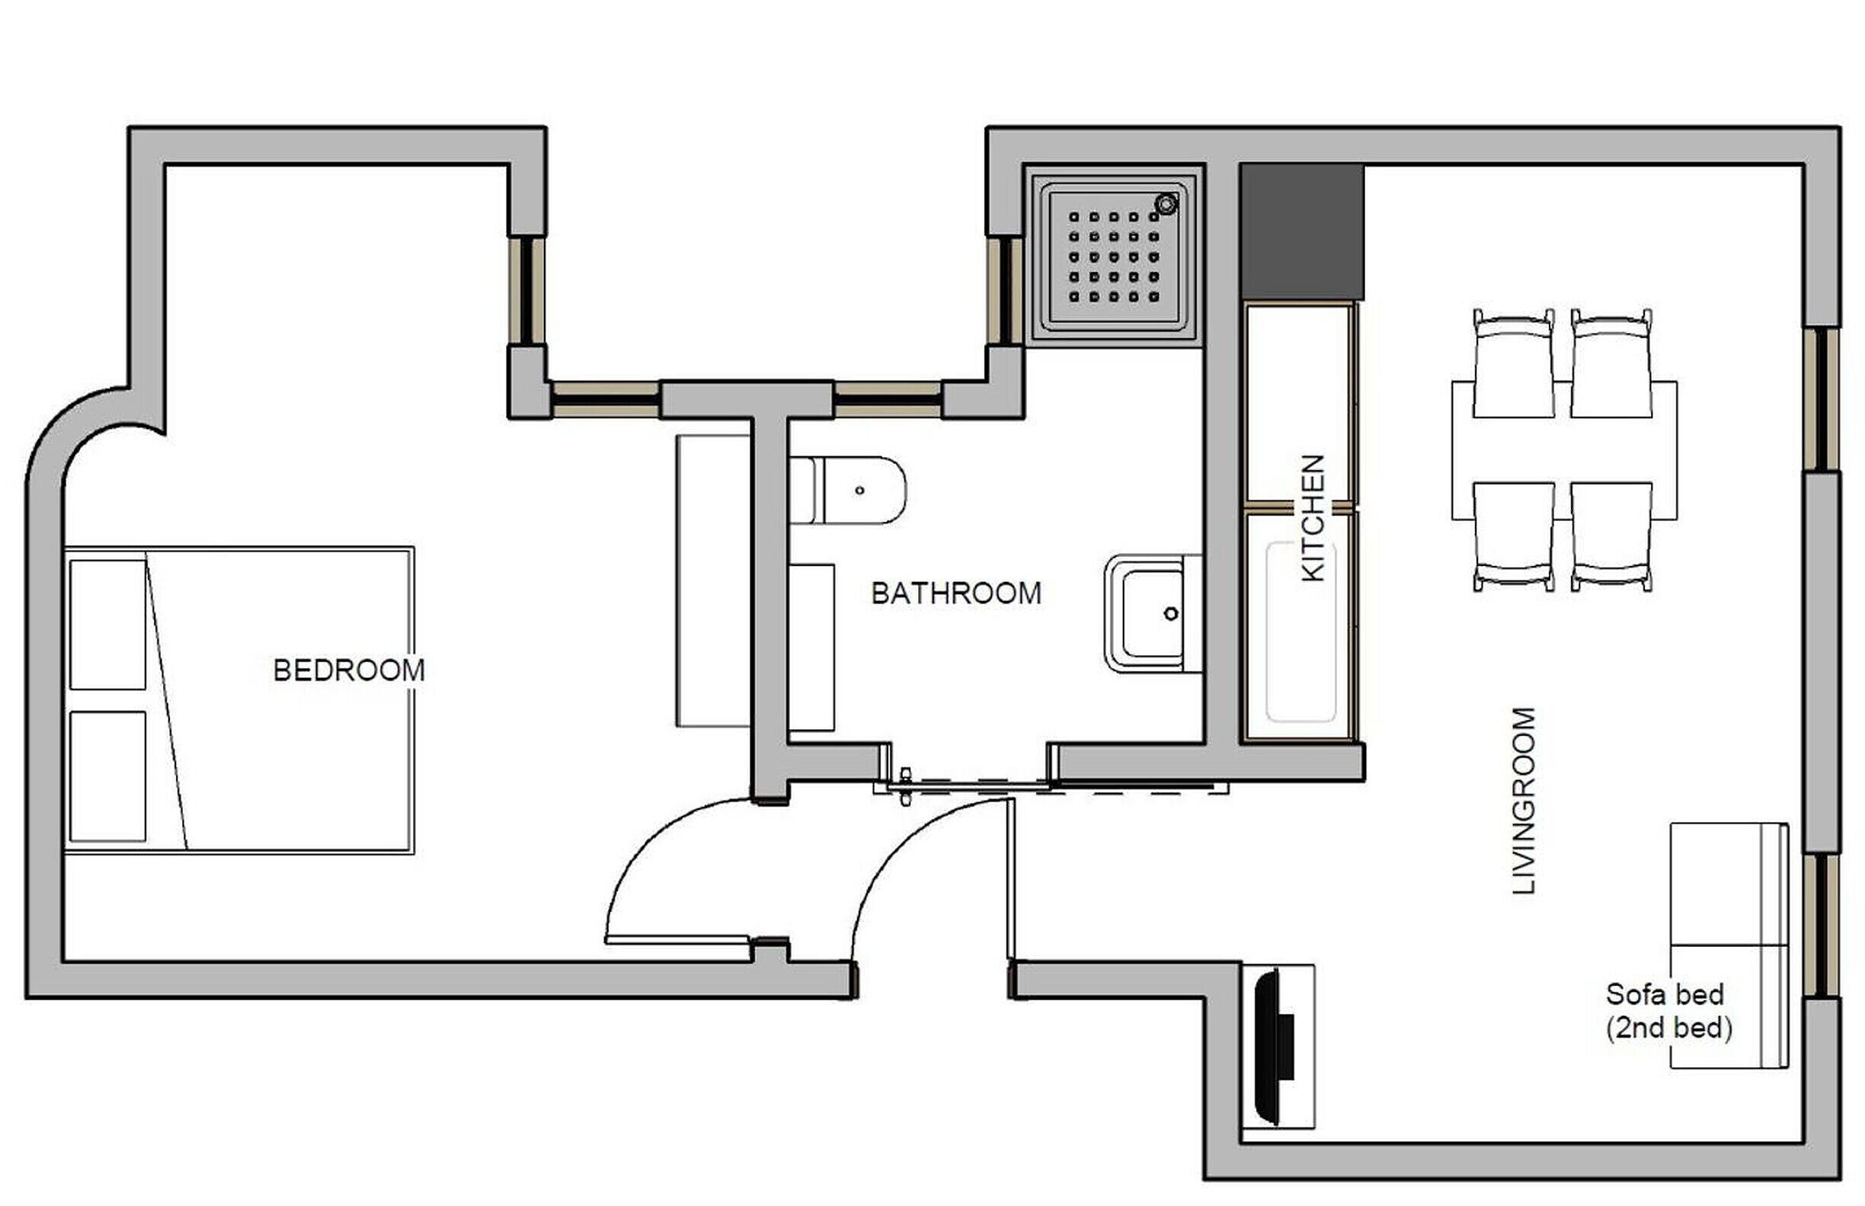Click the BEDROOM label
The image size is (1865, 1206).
(348, 670)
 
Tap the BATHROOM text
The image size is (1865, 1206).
(956, 593)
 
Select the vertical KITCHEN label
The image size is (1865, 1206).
(1313, 517)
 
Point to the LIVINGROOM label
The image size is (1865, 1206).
(1524, 801)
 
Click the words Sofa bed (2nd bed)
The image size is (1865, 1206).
(1668, 1011)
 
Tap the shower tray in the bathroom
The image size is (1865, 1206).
(1113, 257)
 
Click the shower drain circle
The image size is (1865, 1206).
(1166, 204)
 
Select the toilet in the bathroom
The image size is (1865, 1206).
(847, 490)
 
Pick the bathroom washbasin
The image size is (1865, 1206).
(1153, 613)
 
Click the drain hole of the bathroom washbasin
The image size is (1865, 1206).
(1171, 614)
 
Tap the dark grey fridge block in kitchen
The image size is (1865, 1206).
(1302, 232)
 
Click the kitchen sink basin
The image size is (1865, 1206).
(1301, 632)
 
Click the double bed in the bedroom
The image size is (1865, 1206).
(238, 700)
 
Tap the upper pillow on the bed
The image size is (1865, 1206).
(108, 624)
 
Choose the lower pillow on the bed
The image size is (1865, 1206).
(108, 776)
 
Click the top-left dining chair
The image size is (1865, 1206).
(1514, 363)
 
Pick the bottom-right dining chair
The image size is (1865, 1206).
(1611, 536)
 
